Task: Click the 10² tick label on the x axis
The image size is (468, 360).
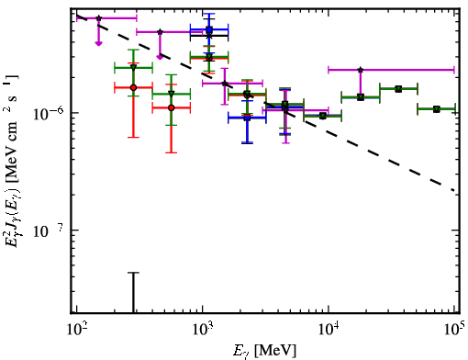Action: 77,329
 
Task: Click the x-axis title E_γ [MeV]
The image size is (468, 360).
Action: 264,351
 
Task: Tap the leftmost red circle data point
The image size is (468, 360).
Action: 133,87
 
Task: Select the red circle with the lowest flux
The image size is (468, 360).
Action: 172,107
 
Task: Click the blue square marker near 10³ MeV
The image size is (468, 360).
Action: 209,29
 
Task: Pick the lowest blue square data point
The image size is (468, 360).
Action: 247,118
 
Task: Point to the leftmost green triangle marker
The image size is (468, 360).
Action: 133,67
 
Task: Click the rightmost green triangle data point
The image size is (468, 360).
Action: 437,109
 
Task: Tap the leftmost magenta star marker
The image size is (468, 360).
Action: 98,18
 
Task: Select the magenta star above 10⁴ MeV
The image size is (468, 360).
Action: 361,70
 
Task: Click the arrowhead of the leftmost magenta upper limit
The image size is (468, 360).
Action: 98,43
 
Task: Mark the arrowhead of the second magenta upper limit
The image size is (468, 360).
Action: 160,57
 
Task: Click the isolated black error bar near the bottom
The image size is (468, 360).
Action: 133,292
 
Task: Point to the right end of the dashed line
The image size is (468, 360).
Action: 454,191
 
